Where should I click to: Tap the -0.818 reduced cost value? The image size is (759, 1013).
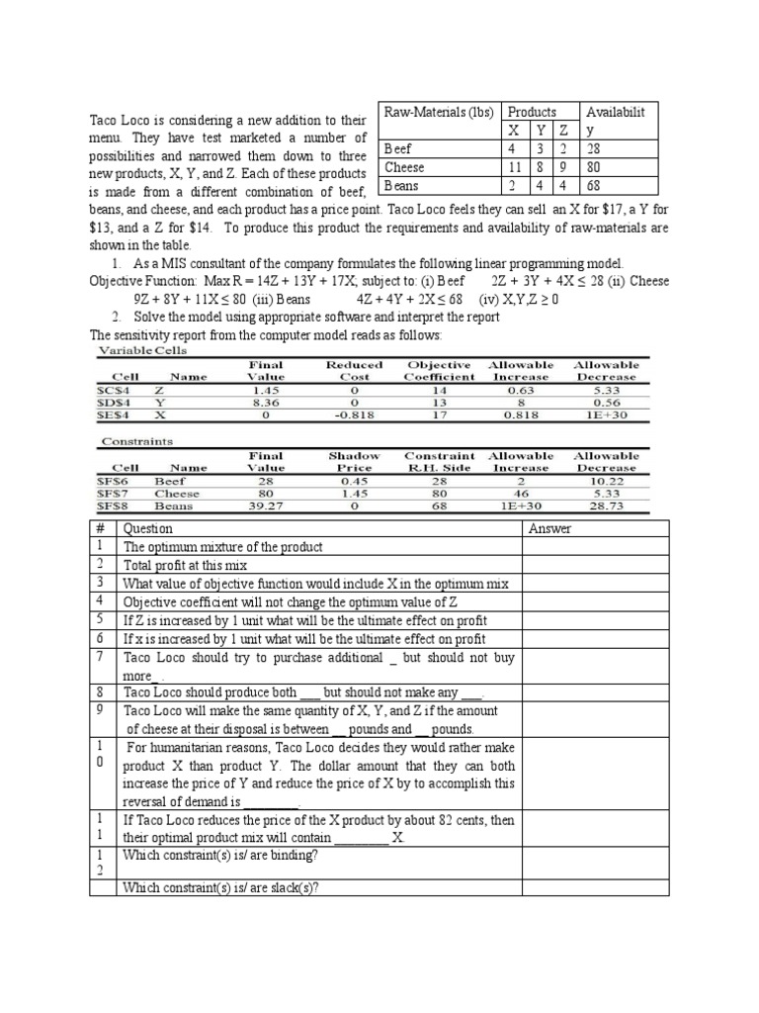[353, 415]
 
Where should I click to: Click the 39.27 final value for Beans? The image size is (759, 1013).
[266, 506]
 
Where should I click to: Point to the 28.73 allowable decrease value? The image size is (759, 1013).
[606, 506]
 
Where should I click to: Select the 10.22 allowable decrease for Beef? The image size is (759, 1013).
[606, 481]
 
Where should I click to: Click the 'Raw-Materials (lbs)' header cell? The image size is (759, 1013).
[439, 112]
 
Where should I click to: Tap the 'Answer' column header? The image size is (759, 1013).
[550, 528]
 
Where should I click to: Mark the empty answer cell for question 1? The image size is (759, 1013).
[596, 546]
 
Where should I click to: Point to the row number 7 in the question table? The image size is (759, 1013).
[99, 656]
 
